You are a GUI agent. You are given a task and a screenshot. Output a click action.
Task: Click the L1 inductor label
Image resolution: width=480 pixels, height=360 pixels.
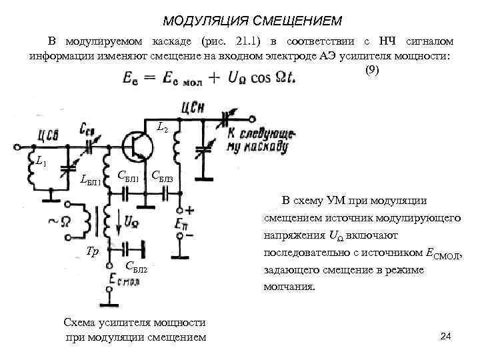point(41,161)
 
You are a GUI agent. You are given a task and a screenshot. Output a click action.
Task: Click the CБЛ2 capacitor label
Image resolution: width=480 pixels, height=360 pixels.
point(136,267)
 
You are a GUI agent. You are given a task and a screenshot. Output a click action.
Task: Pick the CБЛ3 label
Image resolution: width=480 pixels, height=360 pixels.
point(163,177)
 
